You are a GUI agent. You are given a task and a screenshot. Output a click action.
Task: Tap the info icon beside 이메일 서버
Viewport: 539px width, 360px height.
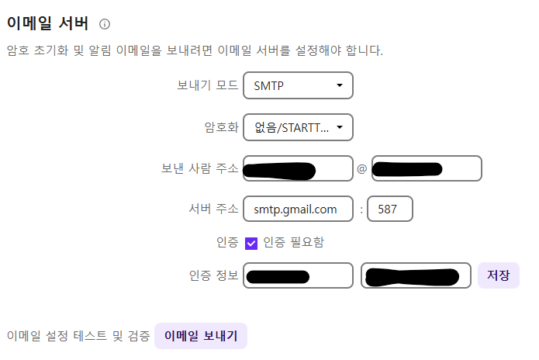(x=105, y=25)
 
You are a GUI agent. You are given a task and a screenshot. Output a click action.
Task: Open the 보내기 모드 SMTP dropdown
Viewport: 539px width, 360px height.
(x=298, y=85)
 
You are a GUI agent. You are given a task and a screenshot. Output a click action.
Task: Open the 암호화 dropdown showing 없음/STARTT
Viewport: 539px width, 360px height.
(x=298, y=127)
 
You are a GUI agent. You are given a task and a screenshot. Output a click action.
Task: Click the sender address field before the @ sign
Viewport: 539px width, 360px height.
(x=298, y=168)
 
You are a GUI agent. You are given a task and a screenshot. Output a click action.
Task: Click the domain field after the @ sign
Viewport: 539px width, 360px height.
(x=427, y=168)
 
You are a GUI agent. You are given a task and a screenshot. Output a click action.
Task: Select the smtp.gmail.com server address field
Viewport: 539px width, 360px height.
(x=298, y=209)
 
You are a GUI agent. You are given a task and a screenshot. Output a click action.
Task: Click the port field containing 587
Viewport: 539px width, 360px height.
(x=389, y=209)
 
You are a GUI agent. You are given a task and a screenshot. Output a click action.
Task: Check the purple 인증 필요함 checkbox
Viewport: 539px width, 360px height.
(x=251, y=243)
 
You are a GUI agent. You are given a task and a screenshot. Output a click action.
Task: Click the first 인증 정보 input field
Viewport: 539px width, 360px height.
(x=298, y=275)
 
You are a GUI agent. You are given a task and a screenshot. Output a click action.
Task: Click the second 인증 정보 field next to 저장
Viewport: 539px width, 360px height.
(x=416, y=275)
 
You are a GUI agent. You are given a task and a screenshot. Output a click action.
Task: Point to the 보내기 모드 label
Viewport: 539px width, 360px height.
(x=208, y=85)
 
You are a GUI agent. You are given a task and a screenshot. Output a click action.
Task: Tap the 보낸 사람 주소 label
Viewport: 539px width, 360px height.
(x=199, y=168)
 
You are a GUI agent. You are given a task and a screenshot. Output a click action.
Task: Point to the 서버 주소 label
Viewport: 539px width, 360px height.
(x=213, y=209)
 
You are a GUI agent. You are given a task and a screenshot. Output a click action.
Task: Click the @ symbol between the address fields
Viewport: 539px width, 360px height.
(x=361, y=169)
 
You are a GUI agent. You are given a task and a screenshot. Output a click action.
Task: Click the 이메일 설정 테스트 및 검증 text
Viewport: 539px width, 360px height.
(x=78, y=336)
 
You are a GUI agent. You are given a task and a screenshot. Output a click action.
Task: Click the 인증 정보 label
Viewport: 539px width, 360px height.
(x=213, y=275)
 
